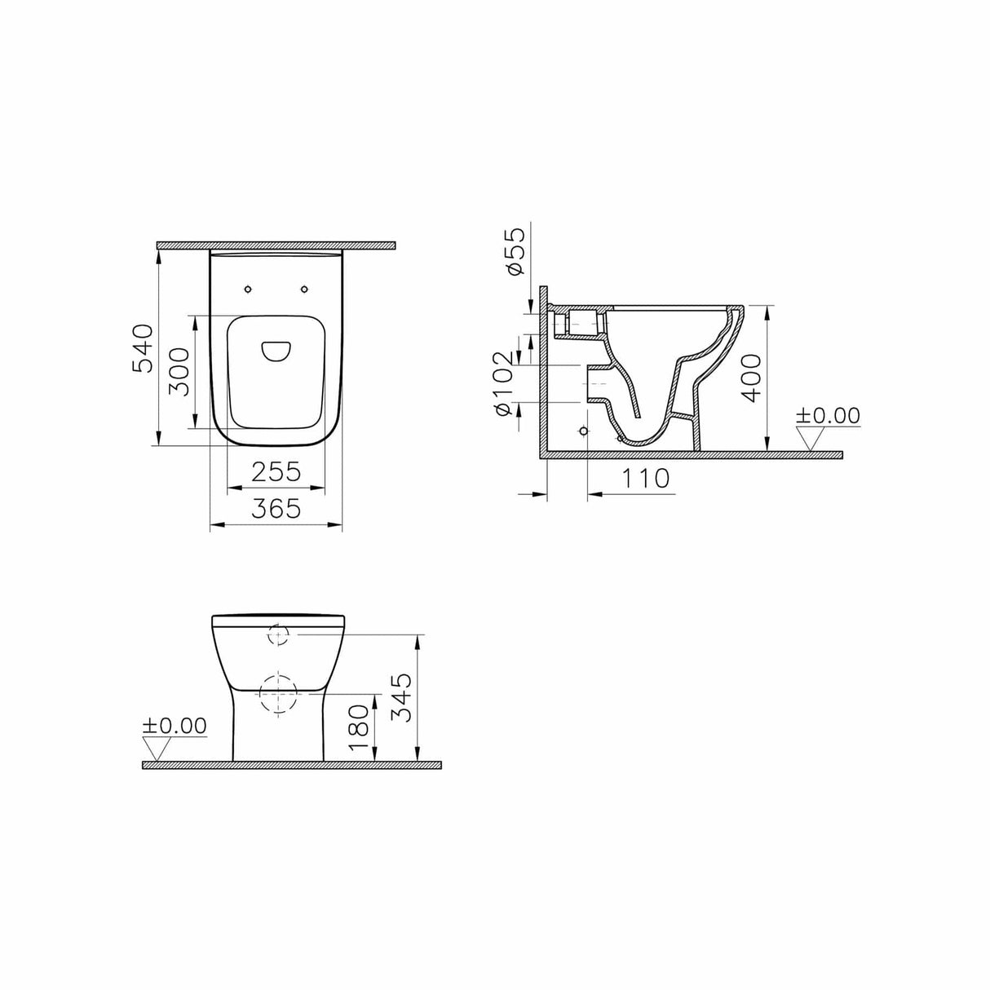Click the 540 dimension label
click(142, 348)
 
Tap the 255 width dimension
click(276, 471)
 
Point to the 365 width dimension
click(276, 509)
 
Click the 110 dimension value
click(644, 479)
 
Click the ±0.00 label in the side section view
click(828, 416)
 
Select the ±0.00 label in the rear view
click(175, 726)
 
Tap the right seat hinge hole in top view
click(305, 289)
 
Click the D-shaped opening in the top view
click(276, 351)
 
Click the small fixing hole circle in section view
click(582, 430)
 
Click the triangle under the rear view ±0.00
click(157, 749)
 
